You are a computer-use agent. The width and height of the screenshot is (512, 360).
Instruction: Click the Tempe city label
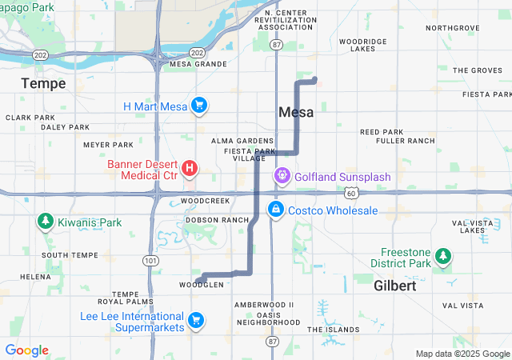click(x=43, y=83)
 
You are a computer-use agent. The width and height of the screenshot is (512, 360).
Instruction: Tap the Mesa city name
click(x=296, y=113)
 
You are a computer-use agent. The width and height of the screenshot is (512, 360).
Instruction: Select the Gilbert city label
click(x=395, y=286)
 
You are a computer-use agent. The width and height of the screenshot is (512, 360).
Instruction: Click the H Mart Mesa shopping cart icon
click(x=199, y=106)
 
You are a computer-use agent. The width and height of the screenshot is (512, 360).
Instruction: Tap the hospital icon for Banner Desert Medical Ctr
click(x=190, y=168)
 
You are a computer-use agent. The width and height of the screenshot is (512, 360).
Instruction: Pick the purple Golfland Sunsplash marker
click(x=282, y=175)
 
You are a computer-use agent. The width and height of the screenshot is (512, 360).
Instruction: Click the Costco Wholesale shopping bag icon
click(x=275, y=210)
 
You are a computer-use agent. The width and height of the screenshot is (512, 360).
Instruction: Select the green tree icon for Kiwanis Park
click(x=45, y=222)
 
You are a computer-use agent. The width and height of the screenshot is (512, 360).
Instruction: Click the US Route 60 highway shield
click(x=351, y=193)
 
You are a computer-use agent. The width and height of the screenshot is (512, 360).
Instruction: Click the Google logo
click(x=26, y=350)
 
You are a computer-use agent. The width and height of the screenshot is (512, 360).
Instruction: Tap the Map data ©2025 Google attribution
click(x=462, y=354)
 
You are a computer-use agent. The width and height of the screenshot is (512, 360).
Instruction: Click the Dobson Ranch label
click(x=217, y=219)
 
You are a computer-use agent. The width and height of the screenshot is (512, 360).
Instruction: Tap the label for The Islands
click(x=334, y=329)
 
